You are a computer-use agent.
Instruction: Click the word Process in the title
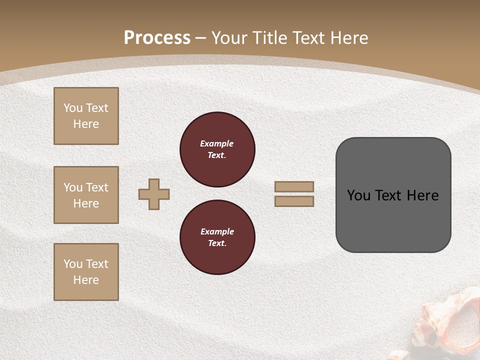click(157, 38)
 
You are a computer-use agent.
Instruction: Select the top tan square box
click(86, 116)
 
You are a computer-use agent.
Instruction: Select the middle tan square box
click(86, 195)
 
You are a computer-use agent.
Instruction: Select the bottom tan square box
click(86, 272)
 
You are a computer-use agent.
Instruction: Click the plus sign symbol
click(154, 194)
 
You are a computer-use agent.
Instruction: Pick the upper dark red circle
click(217, 149)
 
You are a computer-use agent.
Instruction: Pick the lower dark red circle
click(217, 237)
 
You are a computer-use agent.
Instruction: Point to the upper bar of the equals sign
click(294, 186)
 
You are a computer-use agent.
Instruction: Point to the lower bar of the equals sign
click(294, 201)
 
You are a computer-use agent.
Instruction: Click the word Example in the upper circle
click(217, 143)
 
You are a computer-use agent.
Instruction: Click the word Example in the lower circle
click(217, 231)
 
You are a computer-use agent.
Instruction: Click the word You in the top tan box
click(73, 108)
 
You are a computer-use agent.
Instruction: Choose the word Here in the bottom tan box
click(86, 280)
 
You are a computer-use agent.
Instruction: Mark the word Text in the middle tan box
click(96, 187)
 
